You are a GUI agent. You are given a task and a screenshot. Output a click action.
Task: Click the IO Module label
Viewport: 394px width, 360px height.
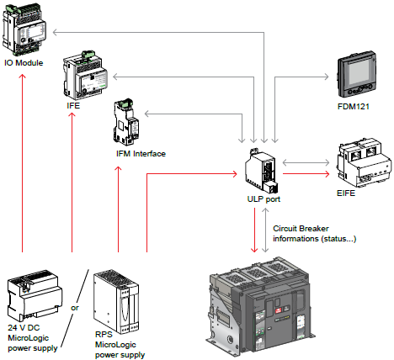coord(24,63)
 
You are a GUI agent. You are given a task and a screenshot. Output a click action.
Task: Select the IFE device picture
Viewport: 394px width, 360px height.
coord(85,75)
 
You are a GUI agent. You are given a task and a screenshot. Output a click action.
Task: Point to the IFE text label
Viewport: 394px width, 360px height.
coord(73,106)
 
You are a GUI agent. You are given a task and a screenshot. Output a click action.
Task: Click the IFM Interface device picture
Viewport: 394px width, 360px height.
coord(126,122)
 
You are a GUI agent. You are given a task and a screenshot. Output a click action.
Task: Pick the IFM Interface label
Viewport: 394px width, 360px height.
coord(141,154)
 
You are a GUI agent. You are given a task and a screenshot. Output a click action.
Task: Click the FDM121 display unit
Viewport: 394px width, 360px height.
coord(356,74)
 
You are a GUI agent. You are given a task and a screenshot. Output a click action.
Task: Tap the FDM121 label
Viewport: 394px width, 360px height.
coord(353,107)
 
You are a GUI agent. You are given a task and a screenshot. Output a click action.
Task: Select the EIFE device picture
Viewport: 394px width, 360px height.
coord(364,162)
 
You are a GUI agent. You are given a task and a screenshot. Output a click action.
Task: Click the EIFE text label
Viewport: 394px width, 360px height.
coord(346,193)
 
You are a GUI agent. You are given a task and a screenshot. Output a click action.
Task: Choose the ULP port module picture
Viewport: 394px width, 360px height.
coord(262,171)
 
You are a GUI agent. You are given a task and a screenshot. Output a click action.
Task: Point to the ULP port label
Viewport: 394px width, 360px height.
coord(264,199)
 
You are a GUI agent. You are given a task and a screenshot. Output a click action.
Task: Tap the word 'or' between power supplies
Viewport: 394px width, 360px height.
coord(75,308)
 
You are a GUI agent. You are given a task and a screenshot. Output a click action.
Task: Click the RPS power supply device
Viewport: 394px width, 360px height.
coord(116,302)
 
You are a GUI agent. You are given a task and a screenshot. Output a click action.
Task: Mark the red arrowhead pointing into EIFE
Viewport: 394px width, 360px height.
coord(327,174)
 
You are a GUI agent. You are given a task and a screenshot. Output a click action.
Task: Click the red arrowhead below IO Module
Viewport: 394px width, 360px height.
coord(22,77)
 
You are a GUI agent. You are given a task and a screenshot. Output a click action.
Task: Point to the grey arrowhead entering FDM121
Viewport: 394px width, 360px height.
coord(326,77)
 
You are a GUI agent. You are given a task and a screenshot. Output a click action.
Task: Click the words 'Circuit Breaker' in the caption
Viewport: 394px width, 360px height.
coord(301,229)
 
